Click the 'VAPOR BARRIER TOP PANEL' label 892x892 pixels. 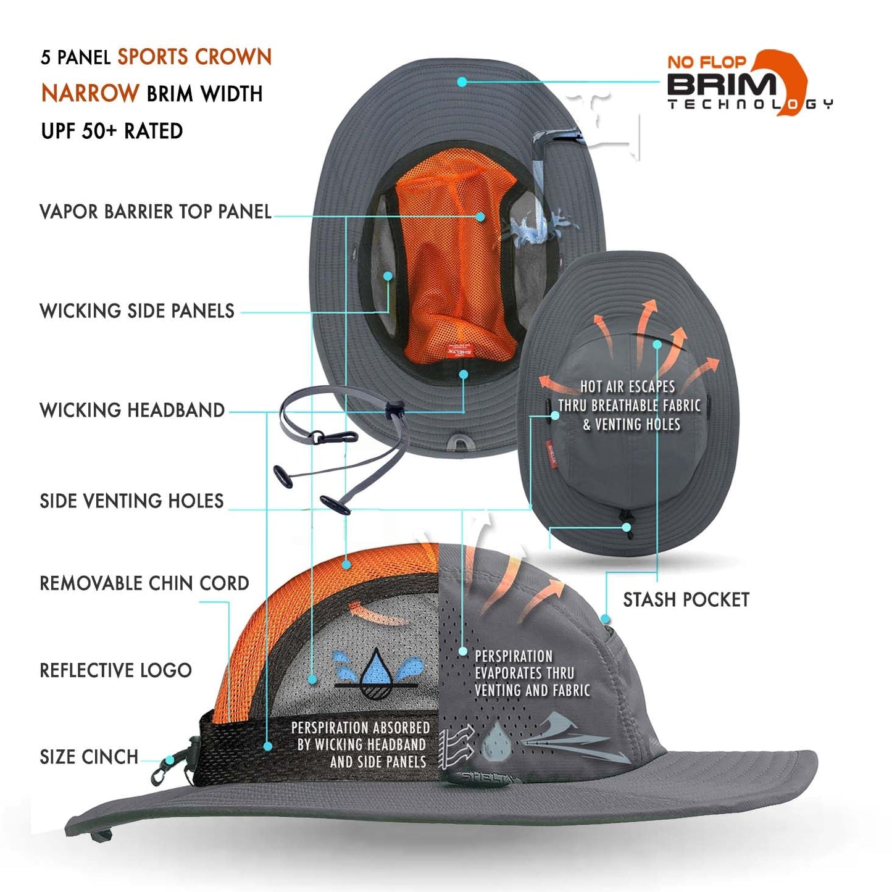pyautogui.click(x=156, y=212)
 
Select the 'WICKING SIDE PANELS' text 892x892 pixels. pyautogui.click(x=137, y=311)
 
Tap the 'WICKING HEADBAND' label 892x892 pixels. pyautogui.click(x=132, y=411)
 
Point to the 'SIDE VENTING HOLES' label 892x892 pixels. pyautogui.click(x=131, y=501)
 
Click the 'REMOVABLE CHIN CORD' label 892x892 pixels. pyautogui.click(x=144, y=583)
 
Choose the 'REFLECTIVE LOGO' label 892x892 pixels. pyautogui.click(x=115, y=670)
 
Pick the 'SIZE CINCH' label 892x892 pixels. pyautogui.click(x=89, y=757)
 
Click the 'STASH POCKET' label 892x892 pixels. pyautogui.click(x=686, y=599)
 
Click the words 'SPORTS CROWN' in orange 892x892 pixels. pyautogui.click(x=194, y=57)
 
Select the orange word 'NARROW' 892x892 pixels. pyautogui.click(x=90, y=93)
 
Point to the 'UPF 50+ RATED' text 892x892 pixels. pyautogui.click(x=112, y=131)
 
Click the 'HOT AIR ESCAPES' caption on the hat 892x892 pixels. pyautogui.click(x=627, y=387)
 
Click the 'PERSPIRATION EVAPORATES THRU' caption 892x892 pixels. pyautogui.click(x=524, y=664)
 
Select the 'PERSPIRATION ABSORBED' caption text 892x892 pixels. pyautogui.click(x=361, y=728)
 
